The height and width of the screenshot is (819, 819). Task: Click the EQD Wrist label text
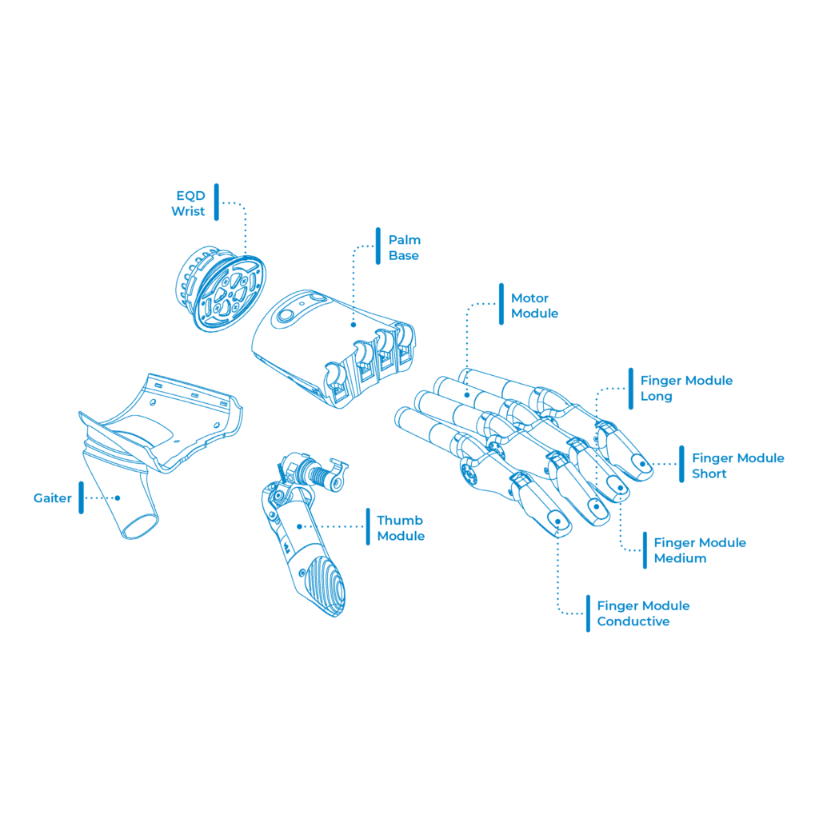[188, 203]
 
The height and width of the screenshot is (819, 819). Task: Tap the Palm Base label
[404, 248]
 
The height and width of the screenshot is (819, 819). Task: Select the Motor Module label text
[534, 306]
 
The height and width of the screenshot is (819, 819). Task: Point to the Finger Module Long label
[686, 388]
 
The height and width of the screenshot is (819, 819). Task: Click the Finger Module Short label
[738, 466]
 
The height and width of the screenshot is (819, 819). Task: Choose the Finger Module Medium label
[700, 550]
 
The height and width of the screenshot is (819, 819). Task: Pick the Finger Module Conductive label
[643, 613]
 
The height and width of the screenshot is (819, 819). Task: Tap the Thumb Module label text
[401, 528]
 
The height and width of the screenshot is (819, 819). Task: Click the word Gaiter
[52, 498]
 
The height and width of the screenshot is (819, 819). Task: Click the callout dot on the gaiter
[118, 498]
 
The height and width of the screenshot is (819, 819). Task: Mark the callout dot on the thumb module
[299, 526]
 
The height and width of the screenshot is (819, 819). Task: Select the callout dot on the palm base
[354, 325]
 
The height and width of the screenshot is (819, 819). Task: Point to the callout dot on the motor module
[467, 395]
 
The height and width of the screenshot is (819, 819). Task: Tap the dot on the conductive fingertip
[557, 521]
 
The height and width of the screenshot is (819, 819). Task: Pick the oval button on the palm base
[286, 315]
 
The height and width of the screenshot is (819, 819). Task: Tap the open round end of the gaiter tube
[139, 526]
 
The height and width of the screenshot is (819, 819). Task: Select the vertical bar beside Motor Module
[501, 304]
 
